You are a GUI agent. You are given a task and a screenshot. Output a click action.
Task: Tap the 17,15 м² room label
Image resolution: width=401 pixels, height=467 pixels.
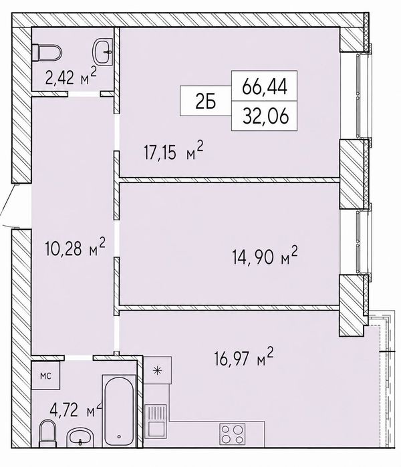(173, 151)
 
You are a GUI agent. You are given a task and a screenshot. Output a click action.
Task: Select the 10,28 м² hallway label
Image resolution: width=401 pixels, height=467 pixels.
(76, 247)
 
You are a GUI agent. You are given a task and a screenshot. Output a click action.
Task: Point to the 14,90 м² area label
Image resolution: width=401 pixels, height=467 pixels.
(265, 255)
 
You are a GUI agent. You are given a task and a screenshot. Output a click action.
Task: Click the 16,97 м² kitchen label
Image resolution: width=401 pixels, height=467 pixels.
(244, 357)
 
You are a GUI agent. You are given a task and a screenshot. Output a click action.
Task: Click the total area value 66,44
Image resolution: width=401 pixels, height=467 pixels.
(265, 86)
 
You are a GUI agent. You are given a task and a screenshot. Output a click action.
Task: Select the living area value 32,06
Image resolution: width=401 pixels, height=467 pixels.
(265, 116)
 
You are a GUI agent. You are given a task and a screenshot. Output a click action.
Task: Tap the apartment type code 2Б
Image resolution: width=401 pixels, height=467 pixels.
(206, 102)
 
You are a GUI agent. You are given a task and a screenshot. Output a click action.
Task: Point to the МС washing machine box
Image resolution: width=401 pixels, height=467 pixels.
(45, 375)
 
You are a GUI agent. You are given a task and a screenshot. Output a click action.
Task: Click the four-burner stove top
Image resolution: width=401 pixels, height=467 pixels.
(233, 434)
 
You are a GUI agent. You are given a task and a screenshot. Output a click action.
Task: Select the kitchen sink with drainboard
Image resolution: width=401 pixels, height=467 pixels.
(156, 421)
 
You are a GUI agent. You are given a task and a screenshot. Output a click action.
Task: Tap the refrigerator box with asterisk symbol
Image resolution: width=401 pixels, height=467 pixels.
(158, 370)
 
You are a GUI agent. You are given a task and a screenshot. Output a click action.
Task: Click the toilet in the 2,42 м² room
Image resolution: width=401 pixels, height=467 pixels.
(47, 53)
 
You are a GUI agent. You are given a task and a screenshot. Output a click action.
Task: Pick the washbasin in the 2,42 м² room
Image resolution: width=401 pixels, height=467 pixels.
(103, 52)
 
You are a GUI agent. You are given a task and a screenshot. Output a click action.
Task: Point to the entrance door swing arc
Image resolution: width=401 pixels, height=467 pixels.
(7, 206)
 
